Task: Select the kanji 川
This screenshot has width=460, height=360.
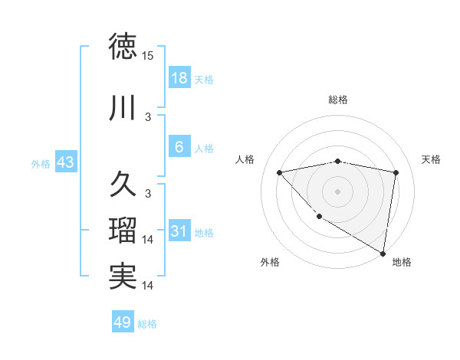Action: click(123, 108)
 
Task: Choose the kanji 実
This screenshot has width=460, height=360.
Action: click(123, 277)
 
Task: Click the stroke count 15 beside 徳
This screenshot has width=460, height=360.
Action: click(148, 56)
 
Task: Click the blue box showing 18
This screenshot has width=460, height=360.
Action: click(179, 78)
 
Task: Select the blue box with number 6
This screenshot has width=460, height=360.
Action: click(179, 147)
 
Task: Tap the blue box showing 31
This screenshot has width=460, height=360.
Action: click(179, 232)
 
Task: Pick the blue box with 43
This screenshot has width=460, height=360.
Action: click(65, 162)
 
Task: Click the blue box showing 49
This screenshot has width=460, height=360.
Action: click(123, 322)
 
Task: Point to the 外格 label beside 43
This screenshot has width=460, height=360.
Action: click(41, 163)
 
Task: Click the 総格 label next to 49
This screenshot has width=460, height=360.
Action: click(148, 323)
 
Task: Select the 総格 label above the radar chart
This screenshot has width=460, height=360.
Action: click(338, 100)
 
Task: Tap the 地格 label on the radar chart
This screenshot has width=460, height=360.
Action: click(402, 262)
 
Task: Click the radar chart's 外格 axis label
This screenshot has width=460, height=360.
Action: click(270, 262)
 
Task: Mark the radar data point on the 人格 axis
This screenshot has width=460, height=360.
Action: click(279, 172)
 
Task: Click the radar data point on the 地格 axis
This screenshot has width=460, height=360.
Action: click(383, 253)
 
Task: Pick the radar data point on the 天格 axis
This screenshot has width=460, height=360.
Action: click(396, 172)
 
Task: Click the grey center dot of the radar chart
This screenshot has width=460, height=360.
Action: click(338, 191)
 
